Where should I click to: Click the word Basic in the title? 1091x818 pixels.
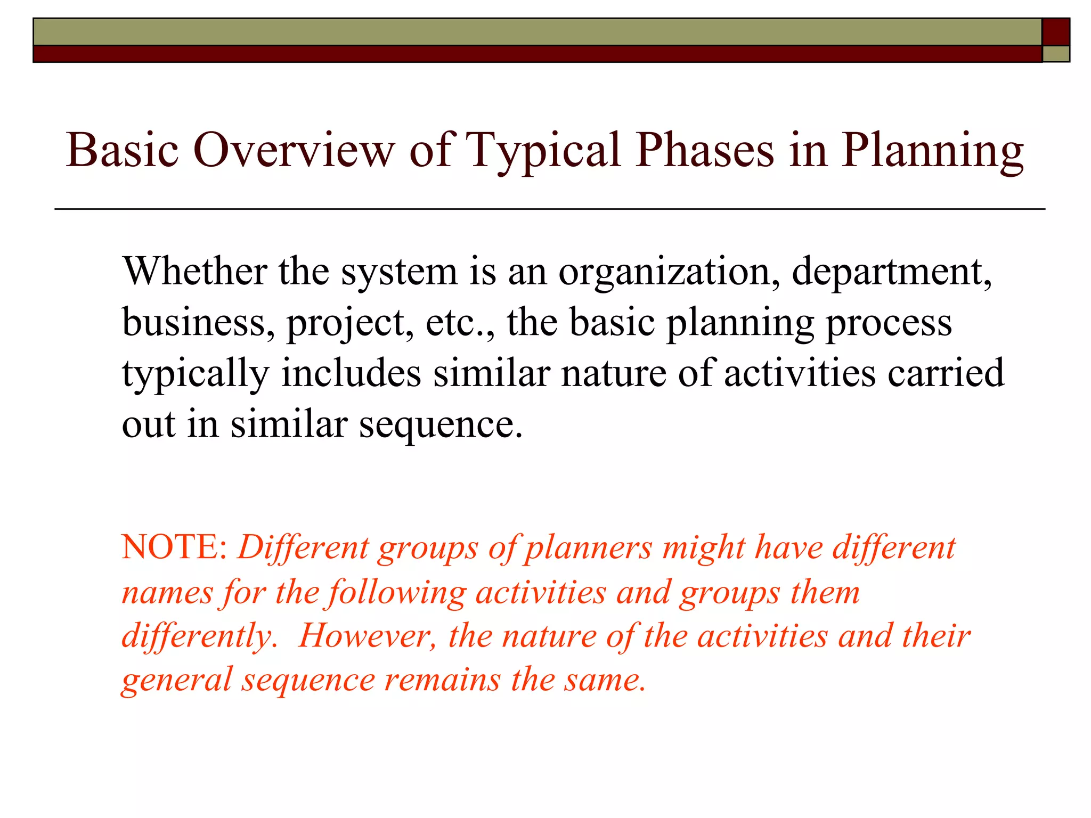pos(122,150)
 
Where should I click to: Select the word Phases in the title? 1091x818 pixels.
pos(705,150)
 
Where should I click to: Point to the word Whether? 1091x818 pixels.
pos(194,272)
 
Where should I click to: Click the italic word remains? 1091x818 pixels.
pos(442,680)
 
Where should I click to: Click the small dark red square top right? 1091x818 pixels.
pos(1055,32)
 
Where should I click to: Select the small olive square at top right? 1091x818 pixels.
pos(1055,54)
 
